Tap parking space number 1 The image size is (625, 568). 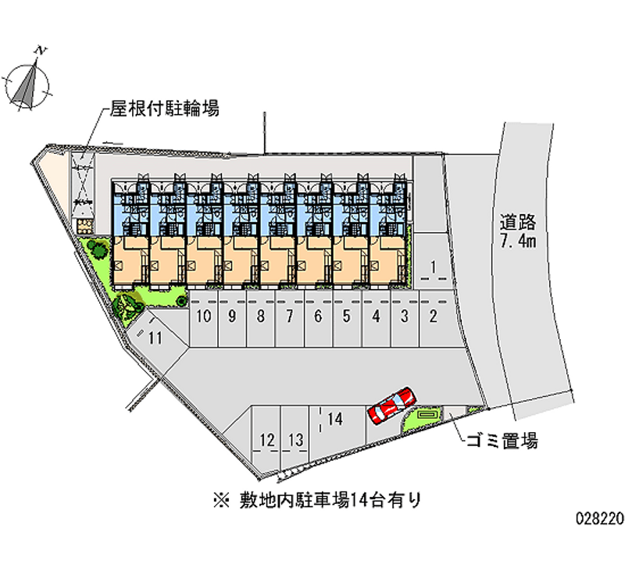click(433, 268)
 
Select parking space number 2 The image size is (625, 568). click(433, 316)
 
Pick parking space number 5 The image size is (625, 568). click(347, 316)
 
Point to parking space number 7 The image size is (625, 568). click(289, 316)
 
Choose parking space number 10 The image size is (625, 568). click(204, 316)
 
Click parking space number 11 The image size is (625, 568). click(155, 338)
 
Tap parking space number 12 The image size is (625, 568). click(267, 441)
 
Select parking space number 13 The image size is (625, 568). click(295, 441)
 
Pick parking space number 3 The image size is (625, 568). click(405, 316)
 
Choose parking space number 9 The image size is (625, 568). click(232, 316)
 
